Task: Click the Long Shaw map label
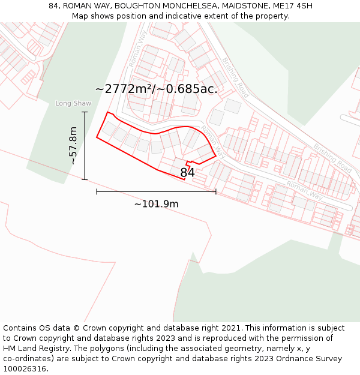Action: tap(73, 103)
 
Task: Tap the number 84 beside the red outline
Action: tap(188, 173)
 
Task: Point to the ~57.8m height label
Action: tap(73, 146)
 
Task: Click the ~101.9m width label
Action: tap(156, 204)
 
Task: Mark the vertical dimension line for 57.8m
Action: tap(85, 146)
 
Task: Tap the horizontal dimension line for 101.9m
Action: tap(156, 191)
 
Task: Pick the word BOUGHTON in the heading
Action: tap(137, 6)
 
